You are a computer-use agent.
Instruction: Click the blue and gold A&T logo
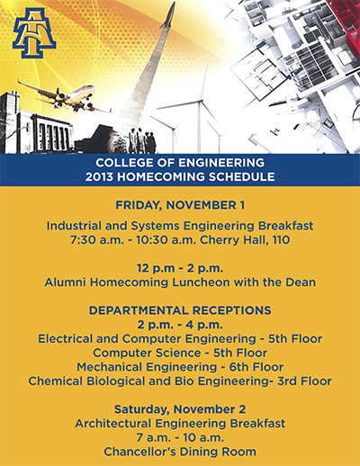coord(34,33)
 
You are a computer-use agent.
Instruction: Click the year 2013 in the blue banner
coord(99,176)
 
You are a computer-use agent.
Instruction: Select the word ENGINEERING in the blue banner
coord(221,163)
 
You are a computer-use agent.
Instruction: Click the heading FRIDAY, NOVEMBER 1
coord(180,205)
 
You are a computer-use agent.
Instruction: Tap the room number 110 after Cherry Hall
coord(281,240)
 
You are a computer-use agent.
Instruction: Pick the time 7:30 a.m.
coord(97,240)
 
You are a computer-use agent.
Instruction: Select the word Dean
coord(301,282)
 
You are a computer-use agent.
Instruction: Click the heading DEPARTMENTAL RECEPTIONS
coord(180,310)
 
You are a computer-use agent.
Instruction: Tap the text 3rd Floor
coord(304,381)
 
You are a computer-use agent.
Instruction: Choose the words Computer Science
coord(147,353)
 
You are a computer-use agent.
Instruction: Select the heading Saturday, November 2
coord(180,409)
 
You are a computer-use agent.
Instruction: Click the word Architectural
coord(112,424)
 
